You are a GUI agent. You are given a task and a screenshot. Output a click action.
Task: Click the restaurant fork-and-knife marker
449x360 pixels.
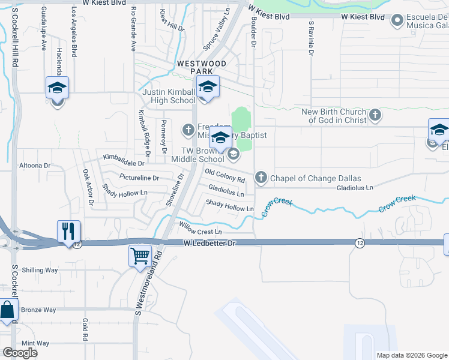click(68, 230)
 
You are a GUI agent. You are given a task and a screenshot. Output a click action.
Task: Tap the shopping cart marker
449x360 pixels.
click(140, 256)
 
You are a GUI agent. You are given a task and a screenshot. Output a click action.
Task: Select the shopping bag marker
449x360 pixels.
click(7, 311)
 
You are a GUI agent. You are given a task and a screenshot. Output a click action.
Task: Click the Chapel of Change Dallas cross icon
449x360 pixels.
click(261, 178)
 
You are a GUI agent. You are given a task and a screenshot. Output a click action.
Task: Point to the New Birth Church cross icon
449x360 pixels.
click(375, 115)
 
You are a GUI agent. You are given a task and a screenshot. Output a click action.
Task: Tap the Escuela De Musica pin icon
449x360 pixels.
click(396, 22)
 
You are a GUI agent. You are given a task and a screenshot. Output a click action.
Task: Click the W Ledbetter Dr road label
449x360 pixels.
click(210, 242)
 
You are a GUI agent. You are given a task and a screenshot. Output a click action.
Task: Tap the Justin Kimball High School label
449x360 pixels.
click(169, 96)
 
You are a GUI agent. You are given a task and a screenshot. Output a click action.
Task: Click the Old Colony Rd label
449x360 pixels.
click(225, 176)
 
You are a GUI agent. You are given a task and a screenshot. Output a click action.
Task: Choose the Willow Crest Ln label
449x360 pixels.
click(200, 228)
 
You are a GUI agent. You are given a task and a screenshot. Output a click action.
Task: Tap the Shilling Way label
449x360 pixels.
click(40, 270)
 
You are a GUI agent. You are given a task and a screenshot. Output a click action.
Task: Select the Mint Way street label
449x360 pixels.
click(35, 343)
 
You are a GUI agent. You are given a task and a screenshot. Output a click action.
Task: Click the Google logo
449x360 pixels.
click(20, 353)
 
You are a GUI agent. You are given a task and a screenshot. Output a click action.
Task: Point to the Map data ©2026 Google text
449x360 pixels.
click(412, 355)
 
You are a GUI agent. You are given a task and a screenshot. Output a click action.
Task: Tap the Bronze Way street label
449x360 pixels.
click(38, 310)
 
